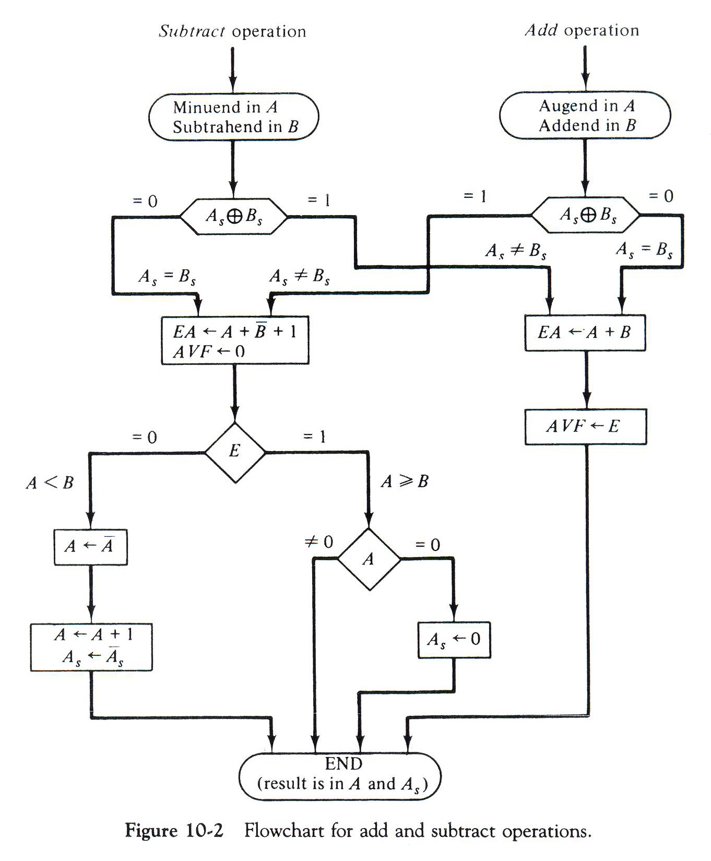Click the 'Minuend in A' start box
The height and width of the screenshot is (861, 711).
tap(233, 116)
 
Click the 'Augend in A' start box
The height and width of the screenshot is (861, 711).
tap(585, 115)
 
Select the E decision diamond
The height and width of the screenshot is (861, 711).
tap(234, 452)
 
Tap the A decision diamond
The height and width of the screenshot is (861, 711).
tap(369, 559)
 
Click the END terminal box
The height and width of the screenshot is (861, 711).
tap(340, 775)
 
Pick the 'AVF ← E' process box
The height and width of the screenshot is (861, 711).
tap(585, 427)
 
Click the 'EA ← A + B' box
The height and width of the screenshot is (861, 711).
tap(585, 333)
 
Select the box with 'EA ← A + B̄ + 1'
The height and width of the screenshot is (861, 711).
tap(235, 340)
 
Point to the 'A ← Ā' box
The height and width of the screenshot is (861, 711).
tap(90, 547)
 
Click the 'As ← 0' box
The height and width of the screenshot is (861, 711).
tap(454, 640)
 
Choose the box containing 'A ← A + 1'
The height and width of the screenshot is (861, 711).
tap(91, 646)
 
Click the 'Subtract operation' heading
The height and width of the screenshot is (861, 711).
tap(232, 32)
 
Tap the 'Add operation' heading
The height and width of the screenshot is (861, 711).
tap(582, 30)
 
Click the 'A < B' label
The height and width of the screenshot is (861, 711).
tap(50, 482)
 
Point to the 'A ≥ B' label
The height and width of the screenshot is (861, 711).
tap(405, 481)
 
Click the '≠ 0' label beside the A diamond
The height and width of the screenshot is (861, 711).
tap(318, 542)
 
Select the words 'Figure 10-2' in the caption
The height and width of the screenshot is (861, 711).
tap(174, 830)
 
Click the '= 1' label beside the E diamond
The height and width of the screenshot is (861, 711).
tap(314, 437)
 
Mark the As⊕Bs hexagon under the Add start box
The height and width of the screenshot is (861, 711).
tap(585, 215)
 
